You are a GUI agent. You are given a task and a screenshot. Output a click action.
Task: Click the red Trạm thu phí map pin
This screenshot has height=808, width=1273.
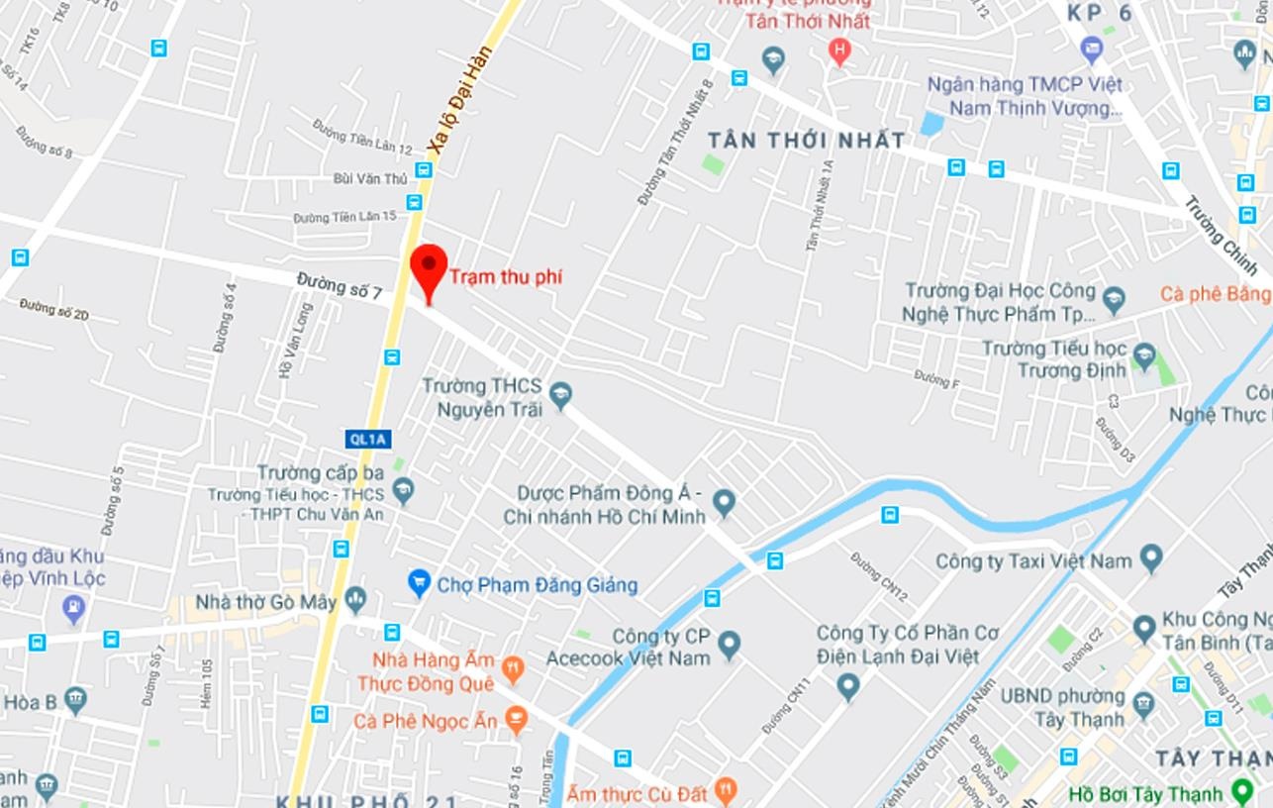[429, 268]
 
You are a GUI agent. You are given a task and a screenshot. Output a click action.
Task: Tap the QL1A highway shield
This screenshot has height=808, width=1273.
[368, 439]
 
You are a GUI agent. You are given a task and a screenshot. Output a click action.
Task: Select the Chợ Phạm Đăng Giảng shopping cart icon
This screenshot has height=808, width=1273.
[419, 582]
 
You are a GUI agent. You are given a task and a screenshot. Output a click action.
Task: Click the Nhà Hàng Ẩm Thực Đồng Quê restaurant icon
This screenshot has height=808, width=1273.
[513, 670]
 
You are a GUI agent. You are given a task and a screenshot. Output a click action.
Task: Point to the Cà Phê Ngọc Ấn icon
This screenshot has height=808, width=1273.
[516, 720]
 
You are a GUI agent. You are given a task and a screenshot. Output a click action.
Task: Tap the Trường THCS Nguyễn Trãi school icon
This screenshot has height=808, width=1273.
[561, 396]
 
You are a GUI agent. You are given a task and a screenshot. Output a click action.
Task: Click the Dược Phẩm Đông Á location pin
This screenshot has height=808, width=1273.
[725, 503]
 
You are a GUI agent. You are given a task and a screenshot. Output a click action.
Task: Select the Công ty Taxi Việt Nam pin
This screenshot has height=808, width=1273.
[1151, 558]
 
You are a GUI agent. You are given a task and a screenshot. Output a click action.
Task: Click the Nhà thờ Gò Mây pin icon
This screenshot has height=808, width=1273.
[356, 599]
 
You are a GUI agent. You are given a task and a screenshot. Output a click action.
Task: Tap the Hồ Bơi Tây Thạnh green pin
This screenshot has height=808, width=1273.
[1242, 792]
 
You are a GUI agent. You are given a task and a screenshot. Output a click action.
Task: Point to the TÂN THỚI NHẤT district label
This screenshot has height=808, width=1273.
[806, 141]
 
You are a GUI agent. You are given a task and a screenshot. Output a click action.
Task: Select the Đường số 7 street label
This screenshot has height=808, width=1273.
[339, 286]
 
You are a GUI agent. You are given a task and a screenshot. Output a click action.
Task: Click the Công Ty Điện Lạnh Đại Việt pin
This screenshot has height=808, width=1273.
[847, 685]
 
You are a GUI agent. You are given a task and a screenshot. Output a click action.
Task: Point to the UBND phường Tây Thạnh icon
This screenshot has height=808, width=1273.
[1143, 706]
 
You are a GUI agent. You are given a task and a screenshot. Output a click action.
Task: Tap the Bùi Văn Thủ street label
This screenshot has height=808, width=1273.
[370, 178]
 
